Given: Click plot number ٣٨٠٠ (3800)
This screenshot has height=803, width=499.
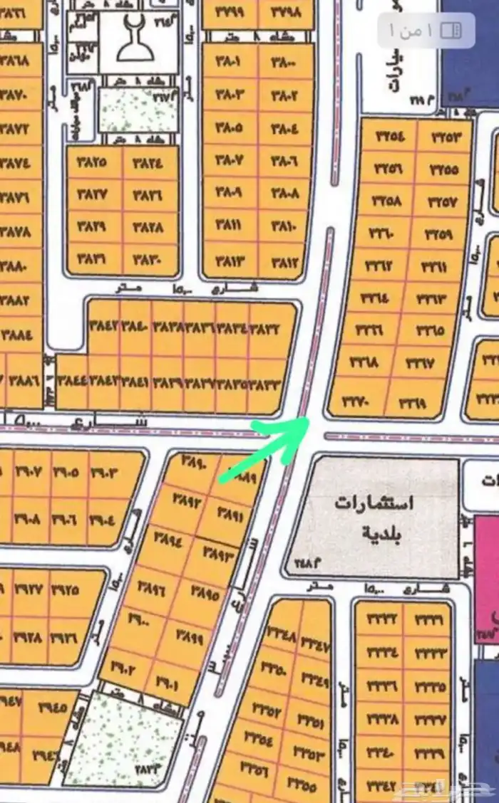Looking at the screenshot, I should point(284,61).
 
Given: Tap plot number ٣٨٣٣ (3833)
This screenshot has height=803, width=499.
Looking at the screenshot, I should point(264,384).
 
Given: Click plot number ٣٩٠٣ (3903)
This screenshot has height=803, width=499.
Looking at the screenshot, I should point(108,473).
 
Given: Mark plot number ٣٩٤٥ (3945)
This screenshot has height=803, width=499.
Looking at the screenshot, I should point(49,709).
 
